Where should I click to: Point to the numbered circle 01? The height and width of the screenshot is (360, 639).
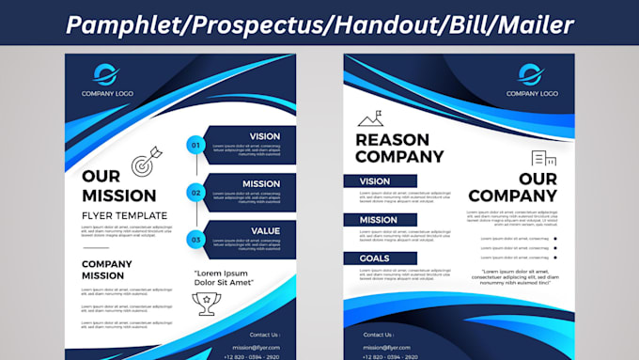pos(195,145)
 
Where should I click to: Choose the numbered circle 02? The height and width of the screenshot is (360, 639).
pos(195,193)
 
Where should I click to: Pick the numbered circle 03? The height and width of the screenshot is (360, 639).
pos(195,240)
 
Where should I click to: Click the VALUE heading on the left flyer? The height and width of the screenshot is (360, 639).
pos(265,230)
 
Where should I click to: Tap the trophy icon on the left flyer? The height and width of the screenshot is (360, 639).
pos(205,301)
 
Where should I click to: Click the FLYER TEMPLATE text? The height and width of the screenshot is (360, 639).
pos(125,215)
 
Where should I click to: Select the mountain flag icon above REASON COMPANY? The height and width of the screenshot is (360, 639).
pos(370,118)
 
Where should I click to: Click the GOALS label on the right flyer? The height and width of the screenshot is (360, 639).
pos(375,258)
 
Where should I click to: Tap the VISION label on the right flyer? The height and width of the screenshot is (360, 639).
pos(375,181)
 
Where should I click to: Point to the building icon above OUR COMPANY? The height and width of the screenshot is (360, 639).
pos(543,159)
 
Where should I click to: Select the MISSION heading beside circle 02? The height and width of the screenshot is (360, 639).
pos(260,183)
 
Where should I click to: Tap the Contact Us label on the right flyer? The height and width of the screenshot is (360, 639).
pos(378,335)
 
